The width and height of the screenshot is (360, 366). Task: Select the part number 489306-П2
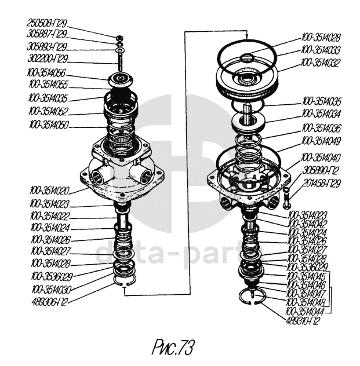[x=48, y=301]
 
